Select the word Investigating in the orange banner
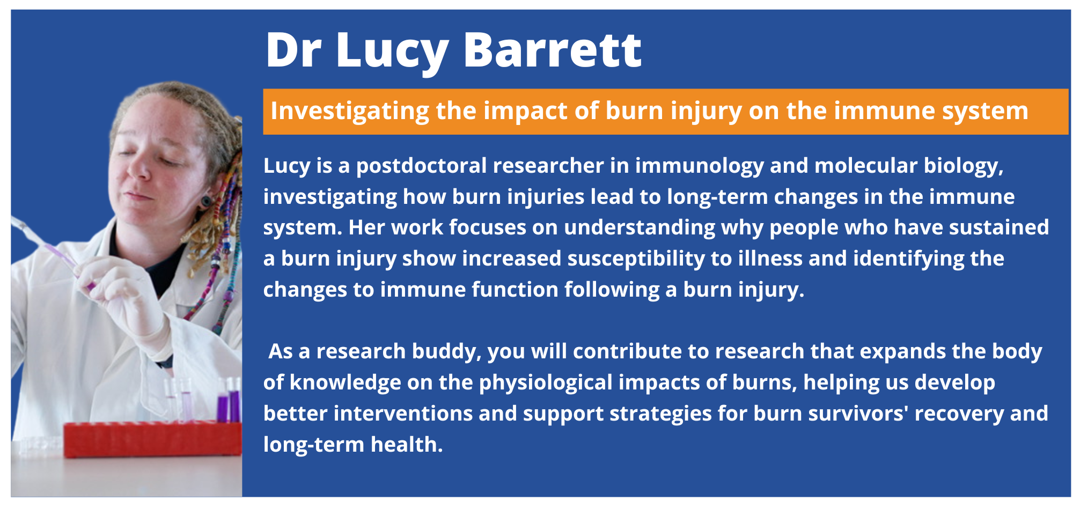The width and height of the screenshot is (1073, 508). click(350, 112)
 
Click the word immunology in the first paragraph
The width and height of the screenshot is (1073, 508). click(700, 166)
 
